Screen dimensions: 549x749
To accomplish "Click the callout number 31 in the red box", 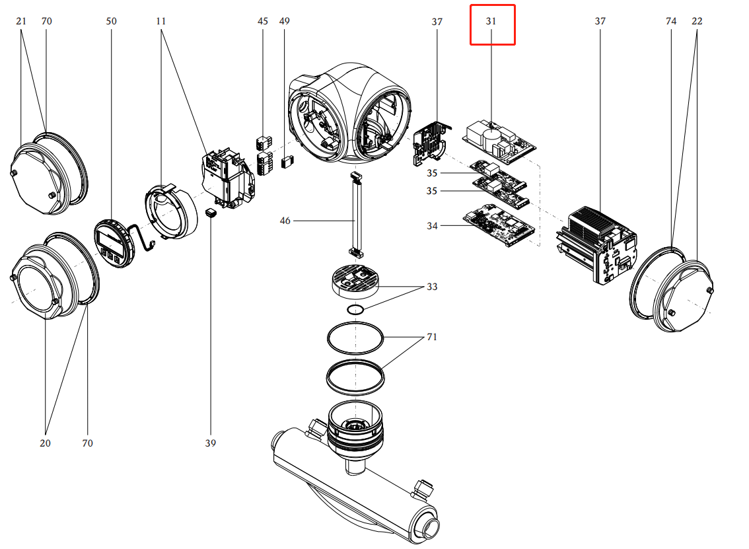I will click(491, 21).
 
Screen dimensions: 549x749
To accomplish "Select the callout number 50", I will click(111, 21).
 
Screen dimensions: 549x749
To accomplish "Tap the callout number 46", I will click(285, 221).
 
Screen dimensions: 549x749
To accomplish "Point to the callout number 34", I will click(432, 226).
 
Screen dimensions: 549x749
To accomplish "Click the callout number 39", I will click(211, 443).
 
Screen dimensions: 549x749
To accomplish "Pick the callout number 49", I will click(284, 21).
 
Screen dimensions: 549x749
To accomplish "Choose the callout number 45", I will click(263, 21).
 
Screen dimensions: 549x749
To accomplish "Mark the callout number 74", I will click(671, 21).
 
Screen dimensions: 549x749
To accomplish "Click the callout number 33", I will click(432, 287).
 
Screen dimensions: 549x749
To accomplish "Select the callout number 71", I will click(432, 337).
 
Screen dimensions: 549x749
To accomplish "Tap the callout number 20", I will click(45, 443).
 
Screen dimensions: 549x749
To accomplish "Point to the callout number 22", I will click(697, 21).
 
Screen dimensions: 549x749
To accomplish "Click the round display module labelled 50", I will click(110, 243).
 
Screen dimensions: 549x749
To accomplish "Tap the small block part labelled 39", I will click(211, 213).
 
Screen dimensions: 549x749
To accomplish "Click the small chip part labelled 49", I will click(287, 161).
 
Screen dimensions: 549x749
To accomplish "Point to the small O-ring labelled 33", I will click(356, 310).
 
